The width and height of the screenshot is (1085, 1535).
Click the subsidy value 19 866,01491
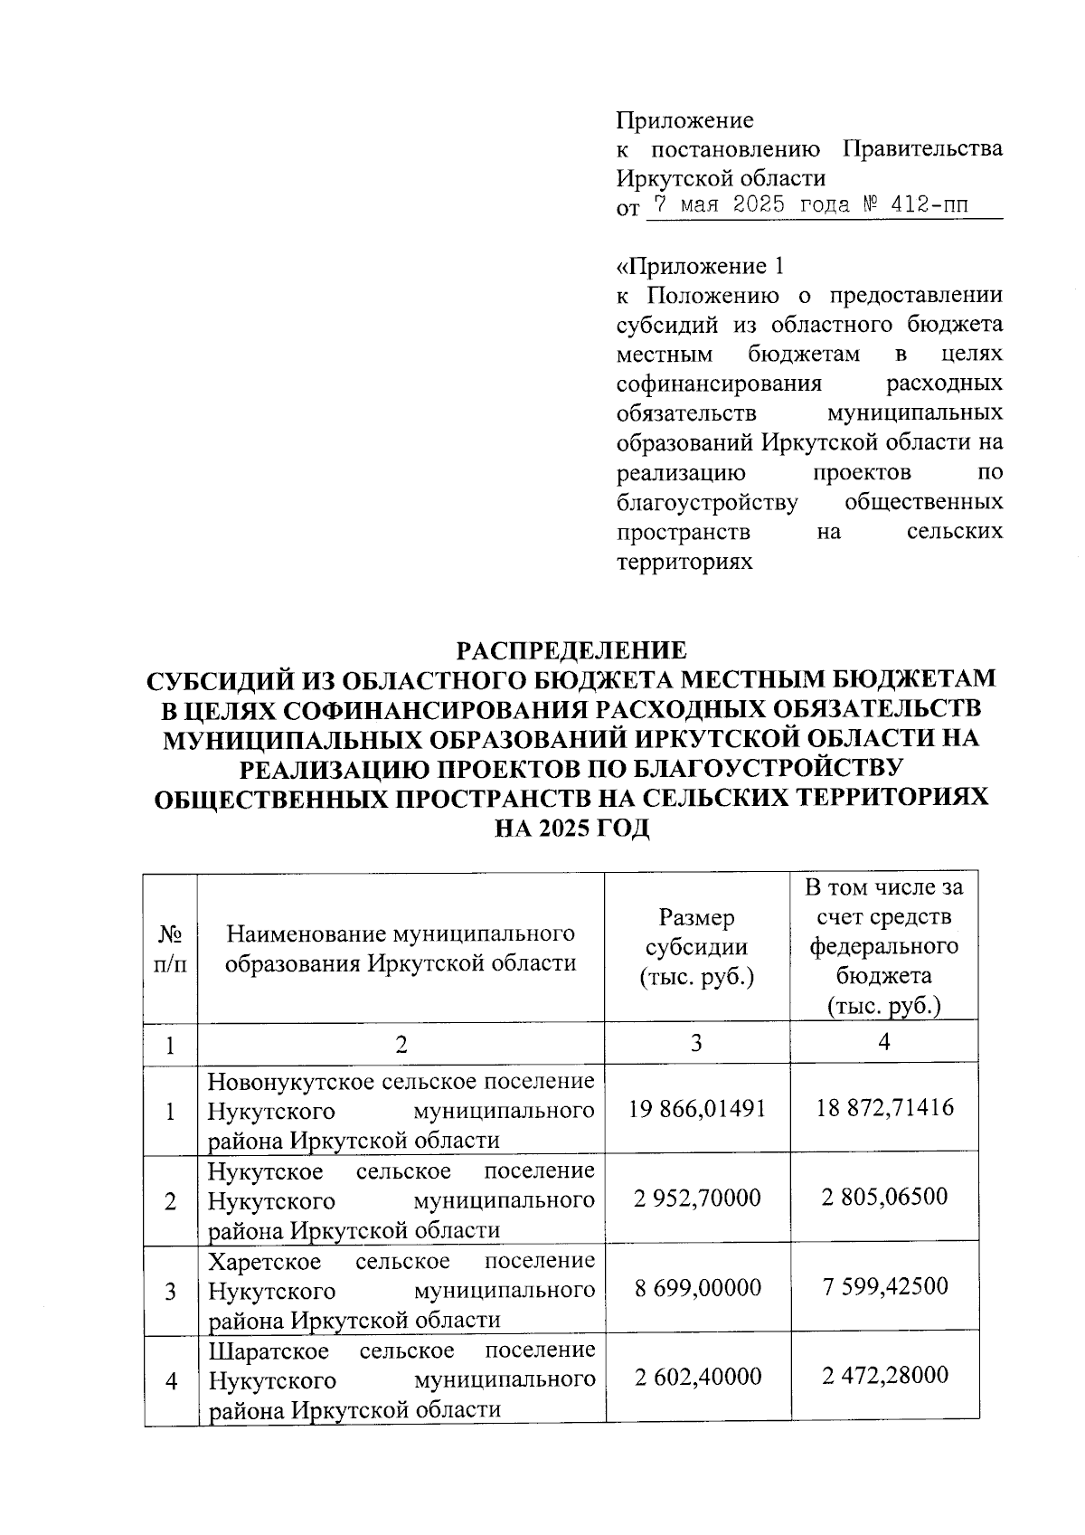tap(697, 1108)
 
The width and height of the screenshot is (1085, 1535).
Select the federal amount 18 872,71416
tap(884, 1107)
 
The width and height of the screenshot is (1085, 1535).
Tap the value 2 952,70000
tap(697, 1198)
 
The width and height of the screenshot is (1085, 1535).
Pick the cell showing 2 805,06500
tap(884, 1197)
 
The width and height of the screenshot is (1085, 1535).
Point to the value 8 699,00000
tap(697, 1287)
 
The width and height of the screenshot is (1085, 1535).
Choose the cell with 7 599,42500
tap(884, 1286)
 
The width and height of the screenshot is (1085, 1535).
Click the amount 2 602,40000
tap(697, 1377)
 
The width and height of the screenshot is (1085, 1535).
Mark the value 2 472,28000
tap(884, 1376)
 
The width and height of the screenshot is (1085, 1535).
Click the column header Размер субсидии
tap(696, 947)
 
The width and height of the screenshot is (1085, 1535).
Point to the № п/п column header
tap(170, 947)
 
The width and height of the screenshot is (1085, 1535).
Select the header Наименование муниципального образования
tap(401, 947)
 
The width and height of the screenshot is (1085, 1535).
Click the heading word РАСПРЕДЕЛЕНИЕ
tap(571, 650)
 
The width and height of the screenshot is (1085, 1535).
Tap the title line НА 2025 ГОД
tap(571, 828)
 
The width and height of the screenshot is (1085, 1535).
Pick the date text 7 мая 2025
tap(717, 205)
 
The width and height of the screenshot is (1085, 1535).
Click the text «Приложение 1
tap(698, 266)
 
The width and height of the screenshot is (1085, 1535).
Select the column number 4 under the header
tap(884, 1042)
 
